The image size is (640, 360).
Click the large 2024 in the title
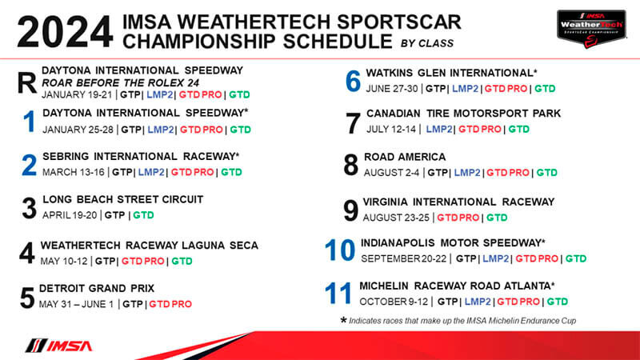click(x=65, y=32)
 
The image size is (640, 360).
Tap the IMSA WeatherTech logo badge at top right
click(x=591, y=29)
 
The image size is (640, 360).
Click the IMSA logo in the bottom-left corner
click(x=59, y=346)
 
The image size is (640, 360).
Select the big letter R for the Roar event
click(x=27, y=83)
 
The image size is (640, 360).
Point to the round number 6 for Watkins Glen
click(x=353, y=81)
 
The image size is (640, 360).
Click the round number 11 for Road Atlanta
click(x=338, y=294)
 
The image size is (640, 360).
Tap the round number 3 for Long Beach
click(x=29, y=208)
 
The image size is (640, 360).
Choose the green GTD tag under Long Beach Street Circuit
click(x=143, y=215)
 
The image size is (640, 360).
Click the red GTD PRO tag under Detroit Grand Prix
click(x=170, y=304)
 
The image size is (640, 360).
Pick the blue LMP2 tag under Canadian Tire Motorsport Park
click(x=439, y=129)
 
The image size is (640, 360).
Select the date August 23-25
click(x=396, y=218)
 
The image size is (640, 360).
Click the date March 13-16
click(x=74, y=172)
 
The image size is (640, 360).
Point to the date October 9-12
click(x=394, y=302)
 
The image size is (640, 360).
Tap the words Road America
click(x=405, y=157)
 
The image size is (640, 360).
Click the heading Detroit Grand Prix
click(x=97, y=289)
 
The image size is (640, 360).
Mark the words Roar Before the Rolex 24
click(x=121, y=83)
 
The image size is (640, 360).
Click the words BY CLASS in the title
click(x=427, y=43)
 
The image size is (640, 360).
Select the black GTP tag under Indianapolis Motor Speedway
click(x=466, y=258)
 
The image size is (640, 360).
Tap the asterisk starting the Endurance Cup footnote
click(x=344, y=320)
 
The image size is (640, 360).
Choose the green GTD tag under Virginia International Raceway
click(x=497, y=218)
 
